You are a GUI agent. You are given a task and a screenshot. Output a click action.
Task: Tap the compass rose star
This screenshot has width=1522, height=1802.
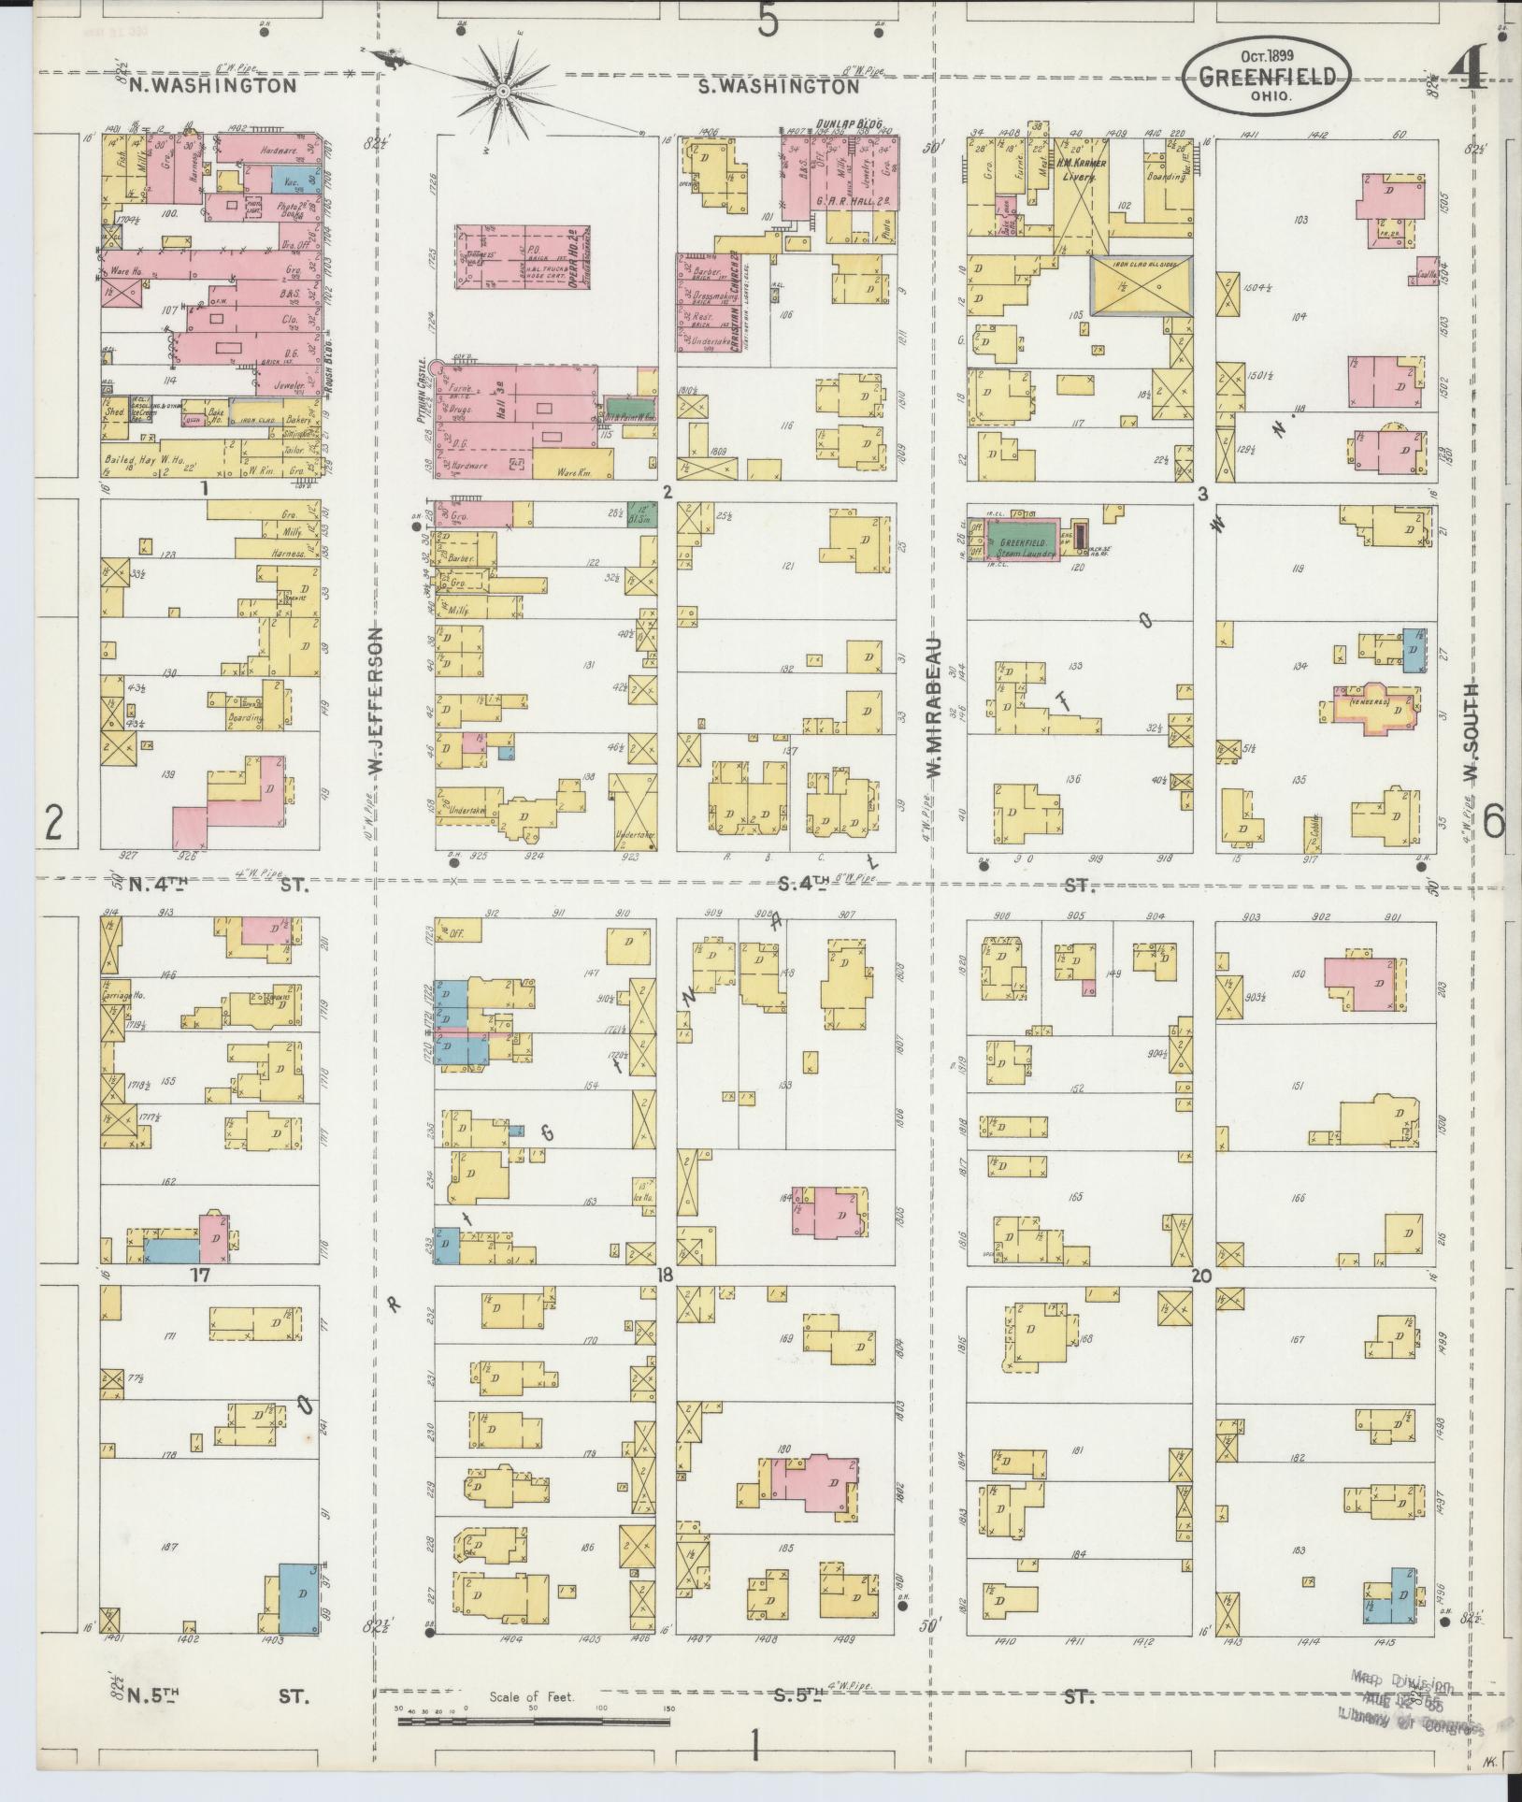coord(503,90)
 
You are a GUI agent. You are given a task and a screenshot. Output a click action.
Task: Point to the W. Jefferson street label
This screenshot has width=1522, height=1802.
coord(375,701)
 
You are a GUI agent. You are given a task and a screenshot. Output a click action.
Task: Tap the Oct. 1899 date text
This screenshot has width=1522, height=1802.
coord(1268,56)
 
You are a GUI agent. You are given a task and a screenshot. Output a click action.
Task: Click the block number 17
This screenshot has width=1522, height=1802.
coord(201,1275)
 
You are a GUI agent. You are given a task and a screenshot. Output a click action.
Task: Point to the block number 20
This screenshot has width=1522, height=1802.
coord(1202,1274)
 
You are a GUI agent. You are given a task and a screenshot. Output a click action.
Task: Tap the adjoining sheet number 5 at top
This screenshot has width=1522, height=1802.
coord(768,21)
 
